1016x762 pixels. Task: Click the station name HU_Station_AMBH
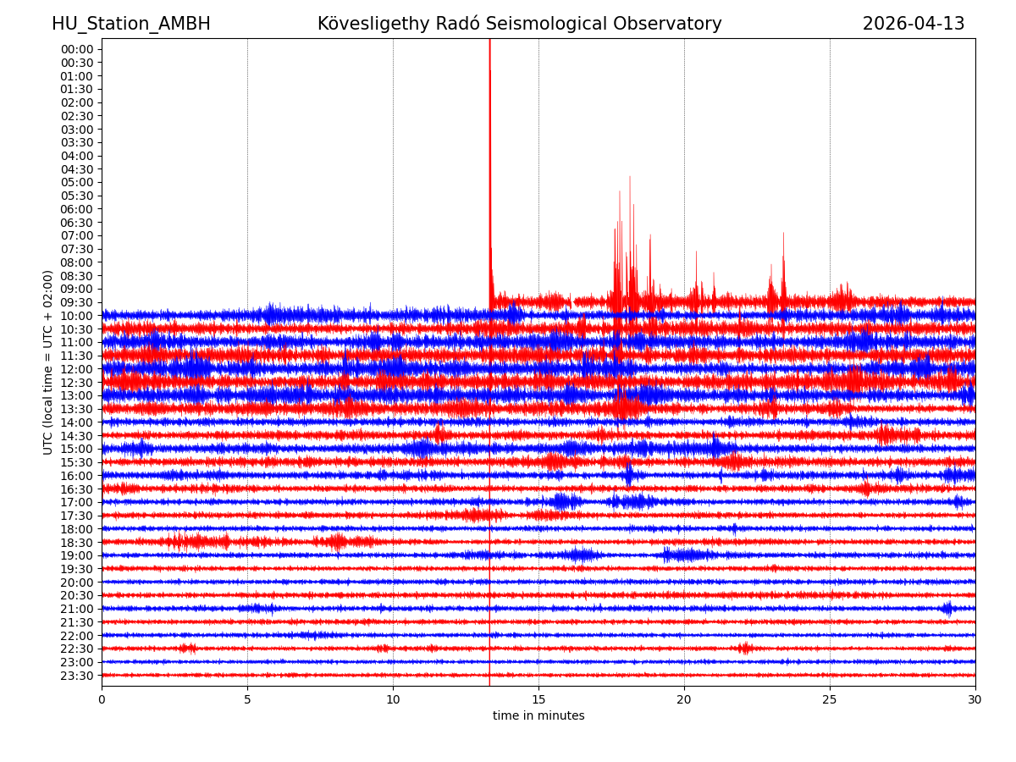(131, 25)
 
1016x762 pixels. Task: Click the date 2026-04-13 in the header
(913, 25)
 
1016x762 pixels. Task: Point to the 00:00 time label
(77, 49)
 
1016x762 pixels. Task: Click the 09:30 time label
(77, 302)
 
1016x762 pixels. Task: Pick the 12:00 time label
(77, 369)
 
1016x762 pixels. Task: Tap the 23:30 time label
(77, 676)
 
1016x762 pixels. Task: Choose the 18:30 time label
(77, 543)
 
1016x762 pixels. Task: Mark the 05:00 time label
(77, 182)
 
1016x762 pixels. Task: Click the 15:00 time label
(77, 449)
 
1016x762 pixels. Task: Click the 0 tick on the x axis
(102, 700)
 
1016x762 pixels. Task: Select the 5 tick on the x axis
(247, 700)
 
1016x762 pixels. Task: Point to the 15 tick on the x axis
(538, 700)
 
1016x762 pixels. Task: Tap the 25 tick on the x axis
(830, 700)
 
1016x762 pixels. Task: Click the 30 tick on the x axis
(975, 700)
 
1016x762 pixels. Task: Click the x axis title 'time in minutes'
(538, 716)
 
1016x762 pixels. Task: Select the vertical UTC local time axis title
(49, 362)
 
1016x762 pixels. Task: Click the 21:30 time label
(77, 622)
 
